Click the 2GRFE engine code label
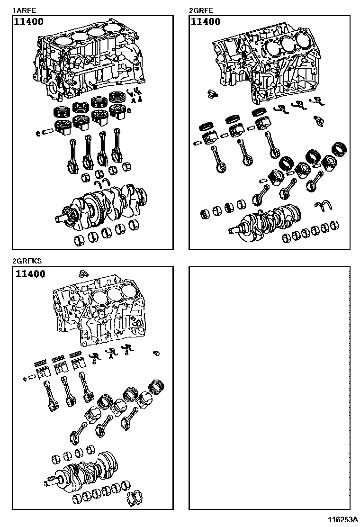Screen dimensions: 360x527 click(201, 9)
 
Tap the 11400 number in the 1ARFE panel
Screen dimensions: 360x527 click(29, 22)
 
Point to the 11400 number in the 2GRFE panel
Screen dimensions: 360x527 click(205, 22)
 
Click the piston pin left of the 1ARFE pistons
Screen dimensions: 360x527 click(49, 131)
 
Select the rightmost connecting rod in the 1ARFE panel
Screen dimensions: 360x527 click(116, 149)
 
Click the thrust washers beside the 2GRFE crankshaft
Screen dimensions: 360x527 click(324, 207)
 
